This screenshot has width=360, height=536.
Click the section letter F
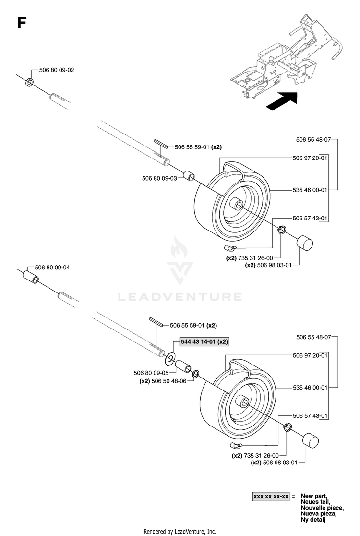[22, 23]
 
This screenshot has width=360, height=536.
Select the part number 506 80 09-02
[57, 70]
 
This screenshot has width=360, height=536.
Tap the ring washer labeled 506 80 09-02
[30, 82]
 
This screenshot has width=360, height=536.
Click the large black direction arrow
[282, 101]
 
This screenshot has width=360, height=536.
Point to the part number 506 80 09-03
[159, 178]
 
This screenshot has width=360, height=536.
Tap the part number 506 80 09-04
[52, 268]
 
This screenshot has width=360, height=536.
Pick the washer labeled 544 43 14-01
[170, 358]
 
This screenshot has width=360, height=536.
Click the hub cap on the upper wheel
[304, 243]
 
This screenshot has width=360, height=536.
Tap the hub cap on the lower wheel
[310, 440]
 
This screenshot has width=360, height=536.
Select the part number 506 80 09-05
[151, 373]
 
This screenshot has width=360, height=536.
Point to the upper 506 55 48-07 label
[313, 139]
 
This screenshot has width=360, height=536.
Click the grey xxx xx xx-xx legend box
[271, 496]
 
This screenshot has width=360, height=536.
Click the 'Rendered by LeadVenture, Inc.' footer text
[180, 532]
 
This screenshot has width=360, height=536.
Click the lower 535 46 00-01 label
[310, 387]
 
